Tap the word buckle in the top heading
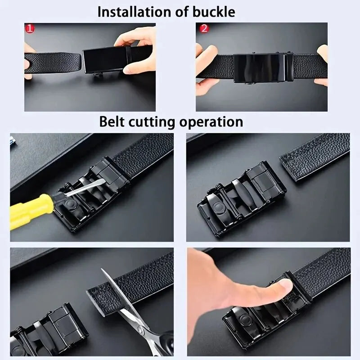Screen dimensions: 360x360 pyautogui.click(x=213, y=12)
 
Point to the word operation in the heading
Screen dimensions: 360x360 pyautogui.click(x=211, y=121)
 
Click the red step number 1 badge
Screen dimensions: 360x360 pyautogui.click(x=30, y=29)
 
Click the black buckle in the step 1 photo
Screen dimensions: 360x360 pyautogui.click(x=102, y=61)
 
